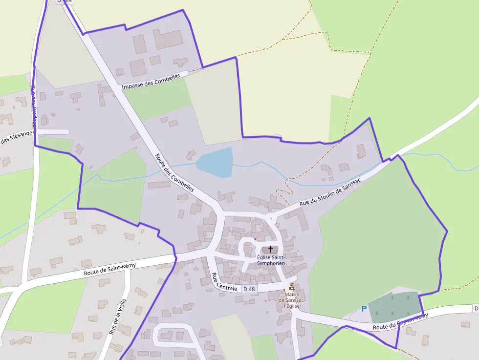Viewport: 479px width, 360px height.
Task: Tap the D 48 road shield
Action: point(249,289)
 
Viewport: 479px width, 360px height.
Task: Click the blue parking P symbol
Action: point(364,309)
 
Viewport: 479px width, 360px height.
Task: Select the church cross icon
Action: point(271,249)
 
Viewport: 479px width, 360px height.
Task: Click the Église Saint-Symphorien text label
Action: point(271,260)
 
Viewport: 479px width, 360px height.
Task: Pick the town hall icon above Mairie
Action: point(292,286)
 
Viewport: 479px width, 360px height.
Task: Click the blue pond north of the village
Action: point(216,162)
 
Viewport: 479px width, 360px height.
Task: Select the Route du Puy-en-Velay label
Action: point(400,321)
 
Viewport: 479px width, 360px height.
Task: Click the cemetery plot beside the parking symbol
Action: point(394,306)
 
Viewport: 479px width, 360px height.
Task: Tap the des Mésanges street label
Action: point(17,138)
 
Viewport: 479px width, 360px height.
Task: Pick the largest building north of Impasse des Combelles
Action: point(169,39)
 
